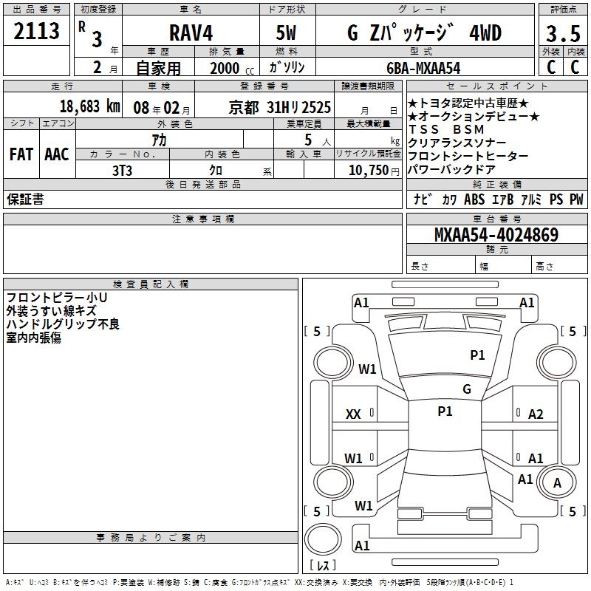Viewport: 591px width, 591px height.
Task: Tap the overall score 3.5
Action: [563, 34]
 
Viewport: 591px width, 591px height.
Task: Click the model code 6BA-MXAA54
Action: [423, 67]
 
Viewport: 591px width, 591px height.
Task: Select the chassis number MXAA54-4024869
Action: [496, 235]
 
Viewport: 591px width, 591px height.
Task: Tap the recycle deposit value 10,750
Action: [367, 169]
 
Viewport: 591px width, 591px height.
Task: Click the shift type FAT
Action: [21, 154]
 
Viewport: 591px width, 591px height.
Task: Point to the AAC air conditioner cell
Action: [57, 154]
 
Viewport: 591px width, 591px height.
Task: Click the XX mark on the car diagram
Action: [353, 414]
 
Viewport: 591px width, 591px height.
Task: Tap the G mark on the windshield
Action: [467, 389]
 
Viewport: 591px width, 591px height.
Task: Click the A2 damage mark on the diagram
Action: [536, 414]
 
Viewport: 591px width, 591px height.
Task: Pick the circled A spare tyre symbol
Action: [558, 484]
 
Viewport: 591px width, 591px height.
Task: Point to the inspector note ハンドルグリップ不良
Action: [63, 324]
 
